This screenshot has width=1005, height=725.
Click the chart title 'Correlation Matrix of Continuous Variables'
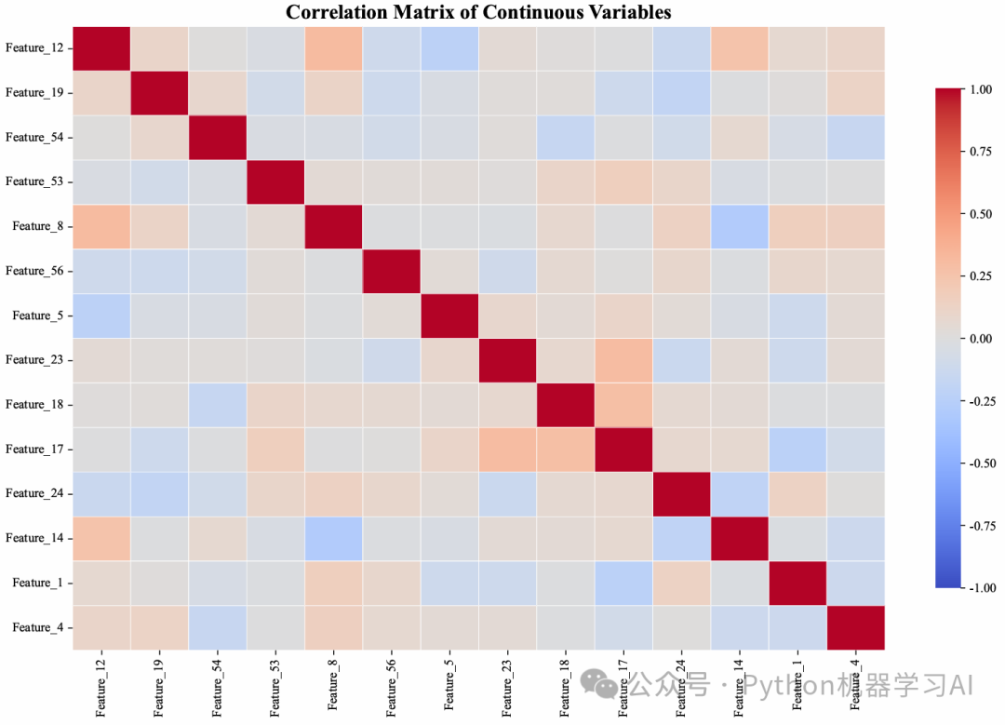[x=478, y=12]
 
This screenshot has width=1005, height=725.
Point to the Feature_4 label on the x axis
[x=855, y=689]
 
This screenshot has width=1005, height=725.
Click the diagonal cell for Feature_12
[x=100, y=47]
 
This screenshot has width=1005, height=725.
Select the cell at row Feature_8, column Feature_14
[x=739, y=226]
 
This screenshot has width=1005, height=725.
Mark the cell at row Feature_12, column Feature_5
[x=449, y=47]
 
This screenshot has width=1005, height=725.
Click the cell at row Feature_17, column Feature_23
[x=507, y=450]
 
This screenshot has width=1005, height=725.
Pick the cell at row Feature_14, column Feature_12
[x=100, y=538]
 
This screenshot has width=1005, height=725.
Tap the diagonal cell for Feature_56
[x=391, y=271]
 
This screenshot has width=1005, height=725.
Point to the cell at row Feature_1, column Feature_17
[x=623, y=583]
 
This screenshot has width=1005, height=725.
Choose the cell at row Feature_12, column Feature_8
[x=333, y=47]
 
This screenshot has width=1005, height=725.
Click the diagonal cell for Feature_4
[x=855, y=627]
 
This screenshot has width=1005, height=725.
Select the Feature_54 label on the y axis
[x=38, y=137]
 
